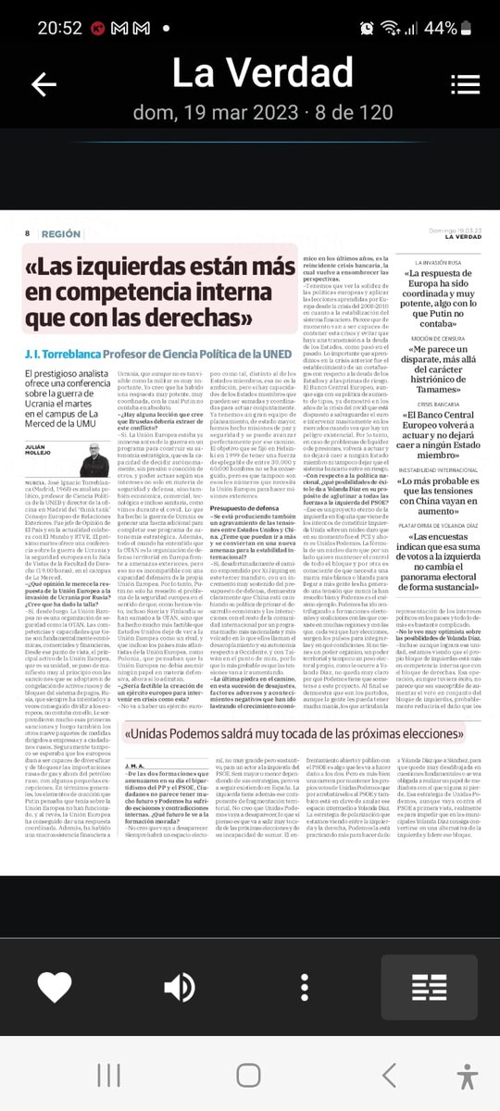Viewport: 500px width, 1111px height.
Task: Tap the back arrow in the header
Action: [44, 84]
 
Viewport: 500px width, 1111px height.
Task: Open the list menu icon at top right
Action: [464, 84]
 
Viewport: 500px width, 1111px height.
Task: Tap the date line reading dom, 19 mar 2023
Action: [249, 113]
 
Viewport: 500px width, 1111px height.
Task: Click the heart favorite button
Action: [55, 984]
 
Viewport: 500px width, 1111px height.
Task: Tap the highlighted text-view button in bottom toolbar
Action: [429, 985]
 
